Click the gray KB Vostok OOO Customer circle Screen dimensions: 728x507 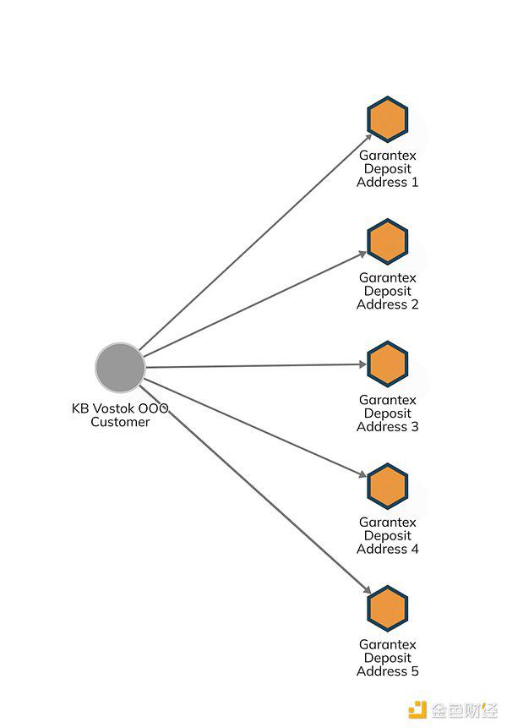(x=120, y=367)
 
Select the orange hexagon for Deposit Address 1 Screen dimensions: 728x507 (x=388, y=120)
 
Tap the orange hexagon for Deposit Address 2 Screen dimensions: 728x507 (x=388, y=242)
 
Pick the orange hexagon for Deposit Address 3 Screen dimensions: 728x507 (x=388, y=364)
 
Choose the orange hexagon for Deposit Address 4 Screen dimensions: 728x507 (x=388, y=486)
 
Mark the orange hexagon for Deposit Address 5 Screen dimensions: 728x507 (x=388, y=609)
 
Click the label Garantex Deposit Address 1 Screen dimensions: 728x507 (x=388, y=168)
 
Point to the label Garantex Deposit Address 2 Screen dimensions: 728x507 (x=388, y=291)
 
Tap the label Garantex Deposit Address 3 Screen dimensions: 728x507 (x=388, y=413)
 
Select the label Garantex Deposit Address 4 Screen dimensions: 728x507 (x=388, y=535)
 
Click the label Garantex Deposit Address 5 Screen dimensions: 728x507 (x=388, y=658)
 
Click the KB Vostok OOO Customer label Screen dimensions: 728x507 (x=120, y=415)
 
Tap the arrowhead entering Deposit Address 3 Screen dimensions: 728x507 (x=363, y=364)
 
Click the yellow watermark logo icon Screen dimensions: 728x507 (x=417, y=709)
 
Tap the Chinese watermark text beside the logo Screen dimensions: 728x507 (x=463, y=709)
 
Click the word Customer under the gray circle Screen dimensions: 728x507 (x=120, y=422)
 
